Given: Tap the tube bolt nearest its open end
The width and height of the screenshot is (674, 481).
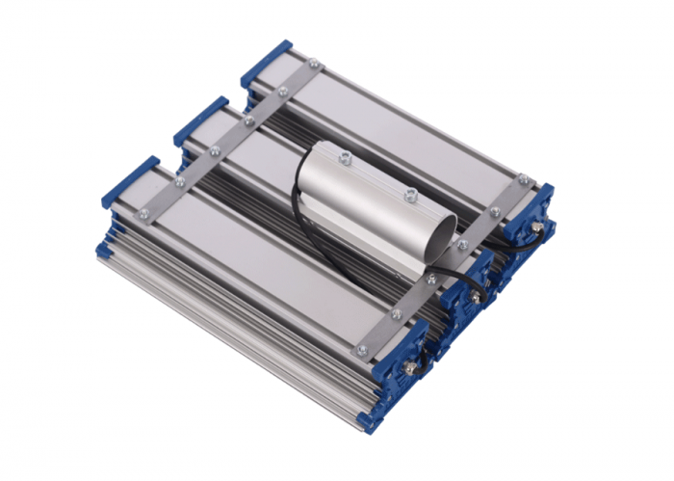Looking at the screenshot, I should [x=409, y=195].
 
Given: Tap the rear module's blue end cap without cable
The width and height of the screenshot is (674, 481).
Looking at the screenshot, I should [x=265, y=60].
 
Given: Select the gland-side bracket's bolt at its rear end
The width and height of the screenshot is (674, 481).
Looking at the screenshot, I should [x=523, y=178].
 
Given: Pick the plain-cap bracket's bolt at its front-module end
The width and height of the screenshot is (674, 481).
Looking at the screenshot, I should [x=144, y=214].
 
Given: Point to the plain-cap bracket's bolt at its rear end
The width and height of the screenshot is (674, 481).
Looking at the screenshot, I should [x=313, y=65].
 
